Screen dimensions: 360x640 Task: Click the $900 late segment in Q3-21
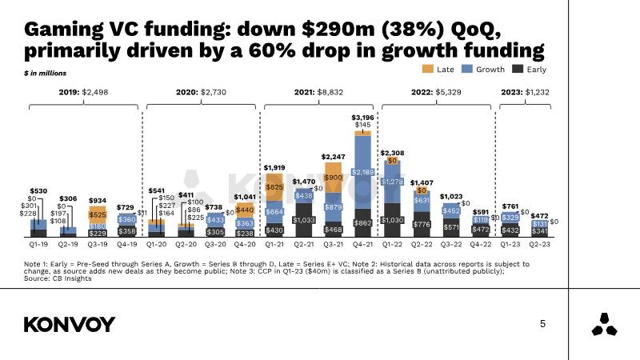tap(332, 177)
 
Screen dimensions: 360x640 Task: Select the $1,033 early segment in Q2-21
tap(303, 219)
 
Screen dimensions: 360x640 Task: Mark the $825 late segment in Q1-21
tap(274, 186)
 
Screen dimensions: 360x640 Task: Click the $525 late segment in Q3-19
tap(98, 214)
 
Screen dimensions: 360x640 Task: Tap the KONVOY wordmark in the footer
tap(70, 324)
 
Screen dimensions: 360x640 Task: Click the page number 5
tap(543, 324)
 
